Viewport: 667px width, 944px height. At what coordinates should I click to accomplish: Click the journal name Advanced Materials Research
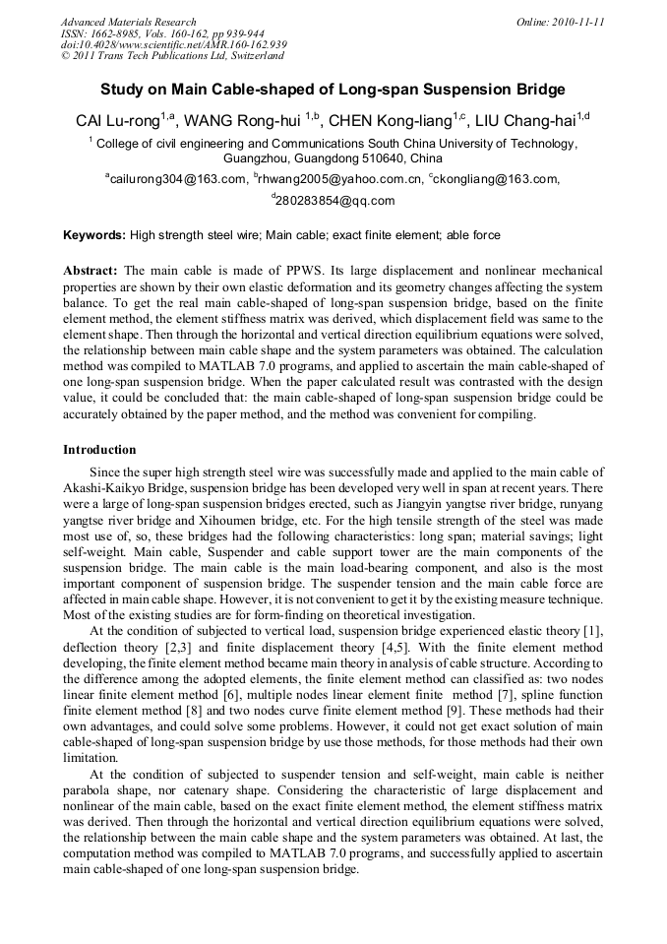coord(128,22)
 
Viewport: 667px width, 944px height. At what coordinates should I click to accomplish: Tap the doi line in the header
coord(173,44)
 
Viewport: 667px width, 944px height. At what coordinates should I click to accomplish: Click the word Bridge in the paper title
coord(539,90)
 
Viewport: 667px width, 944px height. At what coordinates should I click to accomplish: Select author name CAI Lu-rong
coord(118,122)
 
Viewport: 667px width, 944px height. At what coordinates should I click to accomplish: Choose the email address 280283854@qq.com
coord(334,201)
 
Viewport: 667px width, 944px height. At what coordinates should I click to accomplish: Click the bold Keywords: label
coord(94,236)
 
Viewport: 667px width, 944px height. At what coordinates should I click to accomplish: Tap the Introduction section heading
coord(99,450)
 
